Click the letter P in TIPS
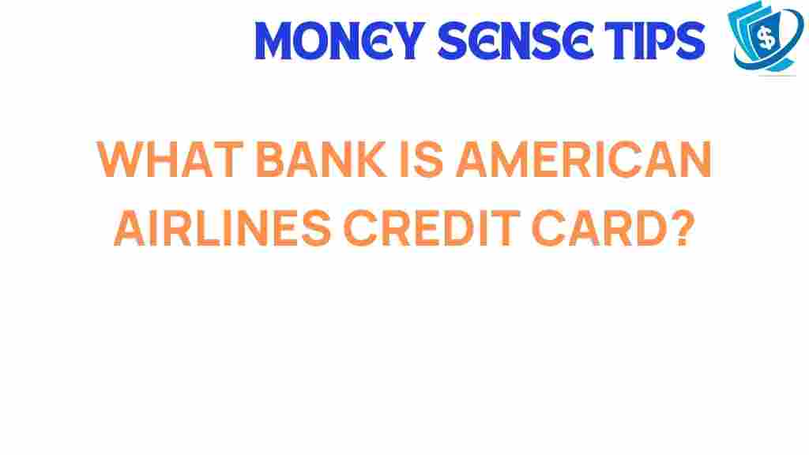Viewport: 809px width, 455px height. click(662, 41)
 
